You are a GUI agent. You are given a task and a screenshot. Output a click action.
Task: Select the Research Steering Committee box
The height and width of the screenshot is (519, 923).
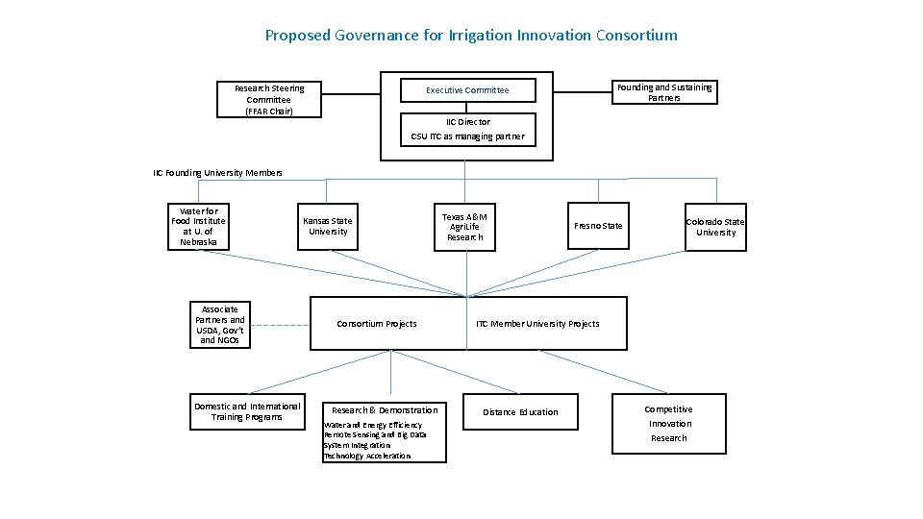click(269, 100)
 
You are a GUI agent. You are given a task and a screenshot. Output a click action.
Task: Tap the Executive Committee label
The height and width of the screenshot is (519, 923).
click(467, 90)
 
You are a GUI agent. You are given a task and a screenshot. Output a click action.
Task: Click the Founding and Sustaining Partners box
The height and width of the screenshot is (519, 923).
click(664, 92)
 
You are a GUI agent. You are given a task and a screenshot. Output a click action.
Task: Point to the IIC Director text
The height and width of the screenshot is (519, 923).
click(468, 122)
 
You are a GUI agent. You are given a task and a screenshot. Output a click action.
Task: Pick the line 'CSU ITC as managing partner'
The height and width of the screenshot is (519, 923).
click(468, 136)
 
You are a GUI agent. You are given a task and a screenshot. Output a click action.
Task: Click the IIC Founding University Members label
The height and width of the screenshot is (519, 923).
click(217, 173)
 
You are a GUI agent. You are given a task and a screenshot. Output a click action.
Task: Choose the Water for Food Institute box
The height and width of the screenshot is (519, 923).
click(199, 227)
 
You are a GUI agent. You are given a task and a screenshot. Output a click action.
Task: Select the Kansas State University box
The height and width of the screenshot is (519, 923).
click(328, 227)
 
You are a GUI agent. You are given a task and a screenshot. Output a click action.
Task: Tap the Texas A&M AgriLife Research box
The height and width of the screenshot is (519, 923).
click(465, 227)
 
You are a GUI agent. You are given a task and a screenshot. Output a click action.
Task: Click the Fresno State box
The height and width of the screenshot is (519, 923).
click(598, 226)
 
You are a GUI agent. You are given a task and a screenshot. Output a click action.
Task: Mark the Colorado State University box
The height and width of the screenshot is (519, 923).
click(715, 227)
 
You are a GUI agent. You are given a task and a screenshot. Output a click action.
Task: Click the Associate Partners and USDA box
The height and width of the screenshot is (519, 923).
click(221, 325)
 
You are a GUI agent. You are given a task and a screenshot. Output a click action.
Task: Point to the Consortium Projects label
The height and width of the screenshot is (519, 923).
click(377, 324)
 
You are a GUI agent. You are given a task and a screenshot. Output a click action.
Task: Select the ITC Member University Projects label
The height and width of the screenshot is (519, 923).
click(538, 324)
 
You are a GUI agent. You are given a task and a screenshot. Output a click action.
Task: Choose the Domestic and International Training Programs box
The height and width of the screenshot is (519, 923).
click(247, 411)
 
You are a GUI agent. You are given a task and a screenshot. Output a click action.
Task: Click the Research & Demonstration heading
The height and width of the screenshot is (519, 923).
click(385, 410)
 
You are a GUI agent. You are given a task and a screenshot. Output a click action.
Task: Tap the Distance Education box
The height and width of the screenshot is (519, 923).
click(520, 412)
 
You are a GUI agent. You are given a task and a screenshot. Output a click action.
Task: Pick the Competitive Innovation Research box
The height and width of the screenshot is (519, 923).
click(669, 424)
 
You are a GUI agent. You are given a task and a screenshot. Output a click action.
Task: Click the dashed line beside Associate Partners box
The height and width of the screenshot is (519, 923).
click(280, 325)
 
